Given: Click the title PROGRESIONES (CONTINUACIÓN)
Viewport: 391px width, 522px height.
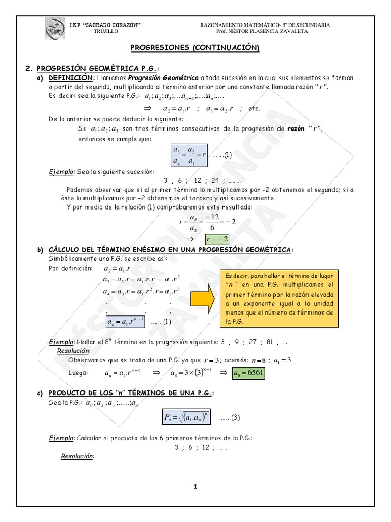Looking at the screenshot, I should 195,48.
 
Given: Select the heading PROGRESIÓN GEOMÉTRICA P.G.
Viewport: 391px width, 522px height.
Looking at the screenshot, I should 97,68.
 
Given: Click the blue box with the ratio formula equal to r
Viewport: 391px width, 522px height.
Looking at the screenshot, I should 189,155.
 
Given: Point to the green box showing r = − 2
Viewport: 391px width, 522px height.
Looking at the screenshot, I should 216,239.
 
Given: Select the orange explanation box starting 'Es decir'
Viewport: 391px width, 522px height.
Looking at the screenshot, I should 280,299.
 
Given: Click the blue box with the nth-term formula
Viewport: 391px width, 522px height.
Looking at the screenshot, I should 126,321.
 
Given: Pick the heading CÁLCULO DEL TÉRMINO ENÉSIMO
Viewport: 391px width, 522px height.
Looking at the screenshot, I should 171,249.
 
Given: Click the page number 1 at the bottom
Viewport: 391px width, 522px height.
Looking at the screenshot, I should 194,486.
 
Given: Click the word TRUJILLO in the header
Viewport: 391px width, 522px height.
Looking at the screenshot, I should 105,31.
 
